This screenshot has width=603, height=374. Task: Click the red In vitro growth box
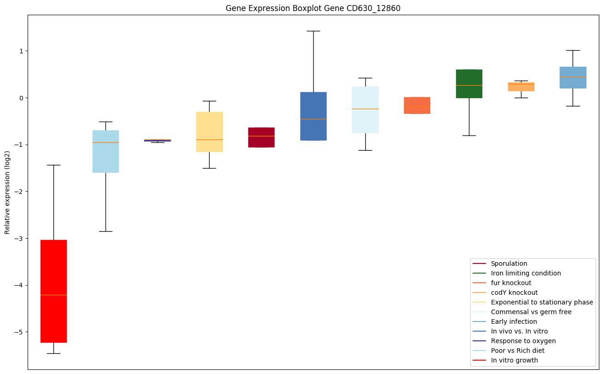[53, 291]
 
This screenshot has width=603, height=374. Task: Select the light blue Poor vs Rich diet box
[105, 152]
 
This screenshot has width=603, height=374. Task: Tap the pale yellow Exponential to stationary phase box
[210, 132]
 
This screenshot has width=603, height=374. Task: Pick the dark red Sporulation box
[262, 137]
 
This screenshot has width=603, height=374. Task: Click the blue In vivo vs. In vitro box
[313, 116]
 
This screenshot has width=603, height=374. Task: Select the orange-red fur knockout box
[417, 105]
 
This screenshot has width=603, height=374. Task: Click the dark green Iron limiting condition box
[469, 84]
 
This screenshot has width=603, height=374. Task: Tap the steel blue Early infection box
[573, 77]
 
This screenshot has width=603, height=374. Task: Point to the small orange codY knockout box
[521, 87]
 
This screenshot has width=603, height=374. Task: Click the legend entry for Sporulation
[509, 264]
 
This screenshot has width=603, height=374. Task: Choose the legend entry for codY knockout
[514, 292]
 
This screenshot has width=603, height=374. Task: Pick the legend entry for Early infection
[514, 321]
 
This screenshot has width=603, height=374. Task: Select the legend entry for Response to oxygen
[523, 341]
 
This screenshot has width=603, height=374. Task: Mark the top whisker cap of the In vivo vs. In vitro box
[313, 31]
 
